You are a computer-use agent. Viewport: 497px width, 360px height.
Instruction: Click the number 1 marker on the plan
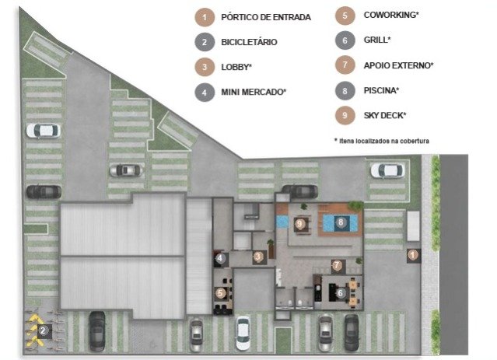tap(412, 255)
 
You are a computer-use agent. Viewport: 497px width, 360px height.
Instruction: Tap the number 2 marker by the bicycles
tap(43, 331)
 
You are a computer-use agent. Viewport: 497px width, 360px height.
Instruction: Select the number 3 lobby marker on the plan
tap(258, 257)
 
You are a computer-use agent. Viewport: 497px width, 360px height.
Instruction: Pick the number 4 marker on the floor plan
tap(219, 258)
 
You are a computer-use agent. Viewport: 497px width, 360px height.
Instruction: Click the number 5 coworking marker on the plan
tap(220, 293)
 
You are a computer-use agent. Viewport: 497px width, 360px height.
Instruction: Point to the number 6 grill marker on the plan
tap(340, 293)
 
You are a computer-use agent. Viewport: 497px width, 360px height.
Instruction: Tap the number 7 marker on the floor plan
tap(337, 265)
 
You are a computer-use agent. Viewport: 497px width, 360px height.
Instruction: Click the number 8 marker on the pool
tap(341, 222)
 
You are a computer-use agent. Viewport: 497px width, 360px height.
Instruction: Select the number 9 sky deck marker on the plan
tap(299, 224)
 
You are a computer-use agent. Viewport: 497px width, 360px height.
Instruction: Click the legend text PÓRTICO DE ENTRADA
tap(266, 17)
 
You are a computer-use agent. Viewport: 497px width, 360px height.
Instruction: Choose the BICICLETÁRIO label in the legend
tap(249, 42)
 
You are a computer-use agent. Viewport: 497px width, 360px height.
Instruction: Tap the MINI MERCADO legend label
tap(254, 92)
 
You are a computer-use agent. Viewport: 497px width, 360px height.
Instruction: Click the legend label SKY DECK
tap(385, 115)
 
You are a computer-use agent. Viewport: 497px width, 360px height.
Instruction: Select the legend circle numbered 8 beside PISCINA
tap(345, 91)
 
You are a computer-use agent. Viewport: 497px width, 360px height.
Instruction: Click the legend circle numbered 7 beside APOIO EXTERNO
tap(345, 65)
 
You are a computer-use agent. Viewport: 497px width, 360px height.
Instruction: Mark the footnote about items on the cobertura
tap(382, 141)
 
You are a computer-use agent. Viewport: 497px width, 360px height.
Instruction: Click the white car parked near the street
tap(387, 171)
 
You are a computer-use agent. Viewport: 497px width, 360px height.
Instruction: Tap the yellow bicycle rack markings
tap(33, 330)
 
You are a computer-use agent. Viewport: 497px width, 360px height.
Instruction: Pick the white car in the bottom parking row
tap(243, 333)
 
